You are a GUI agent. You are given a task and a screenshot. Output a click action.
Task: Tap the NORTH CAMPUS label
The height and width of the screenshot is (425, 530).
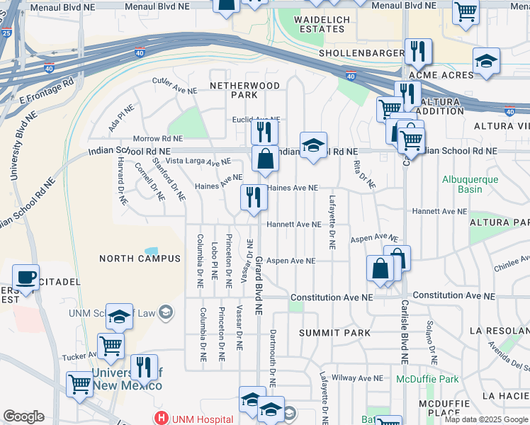pyautogui.click(x=140, y=259)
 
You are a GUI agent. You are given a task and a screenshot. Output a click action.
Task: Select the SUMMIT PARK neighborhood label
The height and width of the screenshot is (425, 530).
pyautogui.click(x=325, y=332)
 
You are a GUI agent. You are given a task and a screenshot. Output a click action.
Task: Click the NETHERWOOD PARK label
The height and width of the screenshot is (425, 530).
pyautogui.click(x=244, y=90)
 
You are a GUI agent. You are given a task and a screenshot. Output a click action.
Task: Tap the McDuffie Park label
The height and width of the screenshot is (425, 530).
pyautogui.click(x=427, y=379)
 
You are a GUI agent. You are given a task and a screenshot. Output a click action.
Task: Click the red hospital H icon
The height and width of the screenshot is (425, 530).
pyautogui.click(x=162, y=419)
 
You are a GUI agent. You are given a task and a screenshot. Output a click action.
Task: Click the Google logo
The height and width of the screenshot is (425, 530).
pyautogui.click(x=23, y=416)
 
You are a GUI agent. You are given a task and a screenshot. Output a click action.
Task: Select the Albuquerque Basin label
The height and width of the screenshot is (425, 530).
pyautogui.click(x=470, y=183)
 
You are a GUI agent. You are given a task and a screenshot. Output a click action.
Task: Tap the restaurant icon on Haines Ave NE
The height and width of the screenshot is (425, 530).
pyautogui.click(x=254, y=196)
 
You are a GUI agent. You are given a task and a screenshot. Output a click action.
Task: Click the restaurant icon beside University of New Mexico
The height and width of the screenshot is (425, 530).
pyautogui.click(x=144, y=366)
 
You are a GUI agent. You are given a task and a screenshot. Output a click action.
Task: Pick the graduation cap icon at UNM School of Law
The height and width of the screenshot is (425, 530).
pyautogui.click(x=119, y=315)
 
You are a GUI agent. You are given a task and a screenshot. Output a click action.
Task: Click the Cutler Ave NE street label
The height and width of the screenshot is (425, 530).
pyautogui.click(x=175, y=84)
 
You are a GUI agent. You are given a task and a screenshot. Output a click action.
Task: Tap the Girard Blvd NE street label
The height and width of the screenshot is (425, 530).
pyautogui.click(x=259, y=285)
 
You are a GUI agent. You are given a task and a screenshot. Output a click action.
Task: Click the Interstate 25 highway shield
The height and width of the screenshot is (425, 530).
pyautogui.click(x=6, y=33)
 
